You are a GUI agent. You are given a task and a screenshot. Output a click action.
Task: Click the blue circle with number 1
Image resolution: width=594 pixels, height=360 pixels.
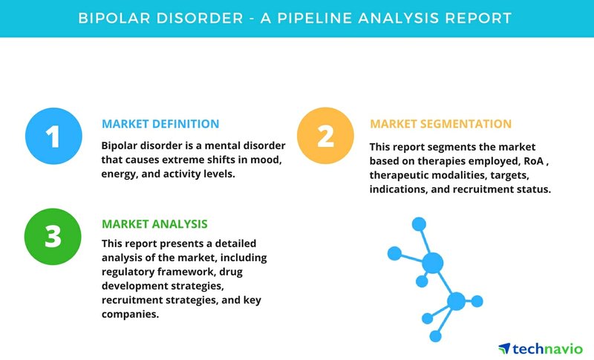53,136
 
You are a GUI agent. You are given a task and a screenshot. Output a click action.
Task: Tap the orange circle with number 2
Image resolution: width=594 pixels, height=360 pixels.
325,136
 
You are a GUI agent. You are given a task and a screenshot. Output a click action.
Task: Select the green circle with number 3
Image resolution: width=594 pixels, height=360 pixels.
53,237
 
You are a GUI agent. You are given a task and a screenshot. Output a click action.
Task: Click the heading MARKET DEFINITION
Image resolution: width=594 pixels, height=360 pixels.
160,124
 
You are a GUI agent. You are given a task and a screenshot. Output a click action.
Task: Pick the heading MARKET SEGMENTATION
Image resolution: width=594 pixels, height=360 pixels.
440,124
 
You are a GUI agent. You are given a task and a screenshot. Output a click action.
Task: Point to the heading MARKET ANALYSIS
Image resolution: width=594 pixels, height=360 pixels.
154,224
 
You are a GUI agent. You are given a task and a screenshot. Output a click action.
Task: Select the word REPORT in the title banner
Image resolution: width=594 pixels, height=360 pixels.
478,18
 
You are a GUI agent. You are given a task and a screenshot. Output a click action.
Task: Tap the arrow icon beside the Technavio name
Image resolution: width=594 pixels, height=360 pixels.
504,348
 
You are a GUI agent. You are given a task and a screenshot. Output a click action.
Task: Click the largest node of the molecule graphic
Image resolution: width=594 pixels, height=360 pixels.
433,263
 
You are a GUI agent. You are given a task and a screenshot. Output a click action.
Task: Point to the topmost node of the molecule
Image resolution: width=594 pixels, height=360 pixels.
419,224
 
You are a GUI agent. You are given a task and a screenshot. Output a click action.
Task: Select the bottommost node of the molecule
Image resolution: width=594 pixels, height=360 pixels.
436,336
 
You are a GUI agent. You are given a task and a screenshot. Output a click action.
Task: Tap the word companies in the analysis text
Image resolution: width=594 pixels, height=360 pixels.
131,314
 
